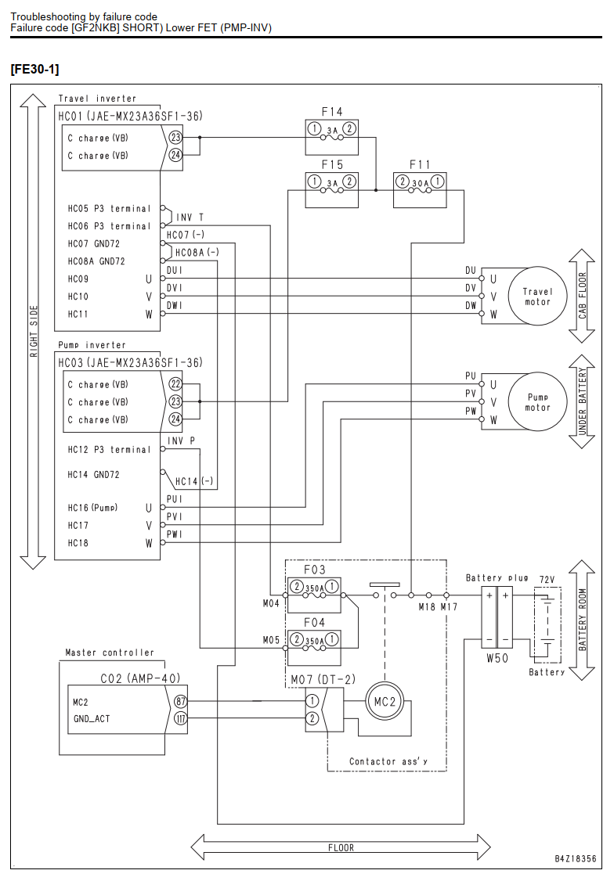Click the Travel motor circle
coord(537,267)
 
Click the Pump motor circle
coord(537,372)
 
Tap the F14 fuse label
coord(332,113)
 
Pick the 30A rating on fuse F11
coord(420,182)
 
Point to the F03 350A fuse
coord(314,595)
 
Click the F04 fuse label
coord(314,623)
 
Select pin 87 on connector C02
coord(180,702)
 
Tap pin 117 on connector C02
coord(180,718)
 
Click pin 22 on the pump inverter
coord(175,384)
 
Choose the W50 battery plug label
coord(497,658)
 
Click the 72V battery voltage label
coord(547,579)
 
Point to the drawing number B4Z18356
coord(575,858)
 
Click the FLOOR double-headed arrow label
coord(341,848)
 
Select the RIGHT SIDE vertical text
coord(34,332)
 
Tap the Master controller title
coord(110,653)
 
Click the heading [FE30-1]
coord(34,69)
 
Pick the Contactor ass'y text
coord(388,761)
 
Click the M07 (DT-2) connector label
coord(323,680)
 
